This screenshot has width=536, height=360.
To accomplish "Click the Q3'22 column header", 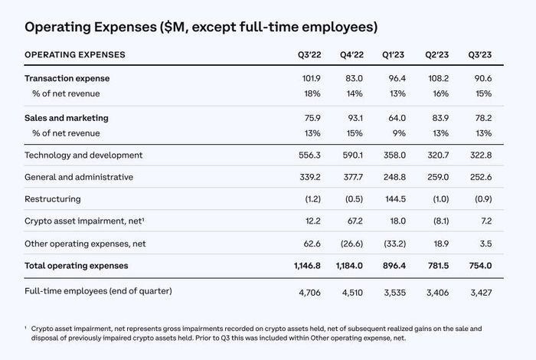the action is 309,55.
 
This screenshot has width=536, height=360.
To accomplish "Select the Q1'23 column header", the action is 393,55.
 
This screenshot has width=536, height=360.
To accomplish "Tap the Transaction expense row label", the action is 67,79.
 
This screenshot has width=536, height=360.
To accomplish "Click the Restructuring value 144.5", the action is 396,199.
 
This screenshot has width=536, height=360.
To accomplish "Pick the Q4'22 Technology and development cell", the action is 352,155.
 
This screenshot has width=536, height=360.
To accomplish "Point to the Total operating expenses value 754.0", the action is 480,266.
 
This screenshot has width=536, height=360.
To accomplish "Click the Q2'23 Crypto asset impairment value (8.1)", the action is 440,221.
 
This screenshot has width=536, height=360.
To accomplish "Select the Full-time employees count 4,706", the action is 309,293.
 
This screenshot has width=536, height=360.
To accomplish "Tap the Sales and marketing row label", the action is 67,118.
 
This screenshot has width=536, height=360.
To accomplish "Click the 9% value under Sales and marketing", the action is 399,133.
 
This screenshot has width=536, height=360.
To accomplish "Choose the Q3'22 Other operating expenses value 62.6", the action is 312,244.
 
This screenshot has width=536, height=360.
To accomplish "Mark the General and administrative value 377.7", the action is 353,177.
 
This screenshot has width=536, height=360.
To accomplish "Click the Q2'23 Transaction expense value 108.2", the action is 439,79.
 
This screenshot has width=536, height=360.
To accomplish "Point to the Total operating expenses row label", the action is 77,266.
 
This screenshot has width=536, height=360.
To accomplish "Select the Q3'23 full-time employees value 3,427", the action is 481,293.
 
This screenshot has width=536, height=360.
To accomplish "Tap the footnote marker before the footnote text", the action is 25,328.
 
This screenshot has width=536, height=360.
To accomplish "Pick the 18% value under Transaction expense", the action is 312,93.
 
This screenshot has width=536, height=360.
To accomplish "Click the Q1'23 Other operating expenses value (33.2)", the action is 394,244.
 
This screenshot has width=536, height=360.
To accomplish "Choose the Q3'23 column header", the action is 480,55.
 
